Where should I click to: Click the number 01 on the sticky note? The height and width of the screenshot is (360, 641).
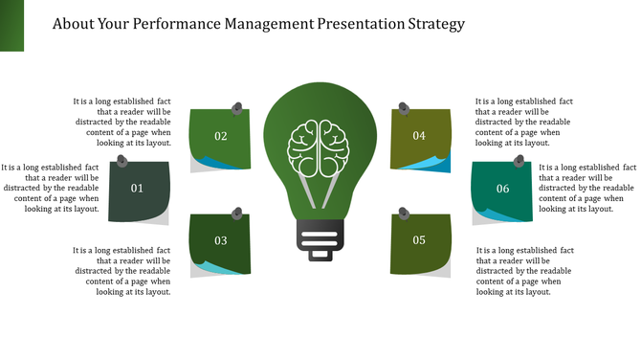coord(137,189)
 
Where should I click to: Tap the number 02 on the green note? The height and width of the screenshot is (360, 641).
coord(221,136)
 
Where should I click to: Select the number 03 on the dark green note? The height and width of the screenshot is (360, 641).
coord(221,240)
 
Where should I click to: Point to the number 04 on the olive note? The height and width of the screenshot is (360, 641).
coord(419,136)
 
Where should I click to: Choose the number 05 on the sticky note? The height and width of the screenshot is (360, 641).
coord(419,240)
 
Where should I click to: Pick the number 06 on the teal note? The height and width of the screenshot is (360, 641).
coord(502,189)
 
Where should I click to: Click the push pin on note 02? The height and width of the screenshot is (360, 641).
coord(238,108)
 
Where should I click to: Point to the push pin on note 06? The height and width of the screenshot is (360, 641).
coord(519,161)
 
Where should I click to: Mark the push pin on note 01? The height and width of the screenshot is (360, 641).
coord(122,161)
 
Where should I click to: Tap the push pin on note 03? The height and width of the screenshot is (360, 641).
coord(237,212)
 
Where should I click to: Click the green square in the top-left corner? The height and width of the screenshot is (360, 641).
coord(11,25)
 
